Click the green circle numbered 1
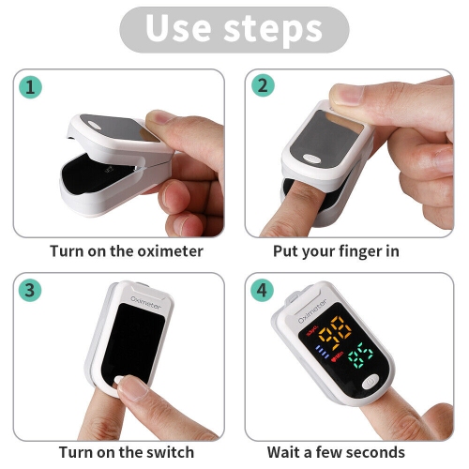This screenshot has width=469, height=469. (30, 87)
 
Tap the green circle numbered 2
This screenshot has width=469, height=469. (263, 85)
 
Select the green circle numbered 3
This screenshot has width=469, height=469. (30, 290)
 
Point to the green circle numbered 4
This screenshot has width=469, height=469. (262, 290)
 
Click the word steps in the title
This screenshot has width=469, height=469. (273, 29)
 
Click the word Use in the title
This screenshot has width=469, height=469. (178, 28)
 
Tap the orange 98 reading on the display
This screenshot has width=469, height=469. (335, 332)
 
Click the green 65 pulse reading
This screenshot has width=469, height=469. (360, 356)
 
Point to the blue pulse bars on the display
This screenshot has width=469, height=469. (323, 352)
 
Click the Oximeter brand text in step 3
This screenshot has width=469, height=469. (145, 303)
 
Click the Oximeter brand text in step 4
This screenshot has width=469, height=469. (312, 311)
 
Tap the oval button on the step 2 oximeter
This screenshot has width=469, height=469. (312, 159)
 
